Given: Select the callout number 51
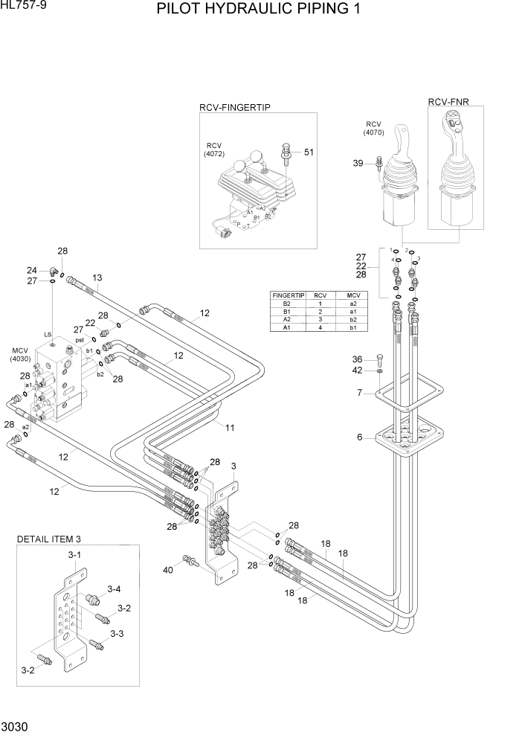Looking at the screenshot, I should point(309,153).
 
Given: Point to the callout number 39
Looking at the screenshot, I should point(358,163).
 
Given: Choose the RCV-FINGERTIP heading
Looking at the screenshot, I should point(234,107).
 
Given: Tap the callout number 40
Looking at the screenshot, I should point(168,570).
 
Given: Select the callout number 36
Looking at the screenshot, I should point(357,359).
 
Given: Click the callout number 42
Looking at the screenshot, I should point(357,370).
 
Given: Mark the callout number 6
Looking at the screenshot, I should point(359,437).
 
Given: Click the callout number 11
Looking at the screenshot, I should point(230,427).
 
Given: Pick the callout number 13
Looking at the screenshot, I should point(97,277).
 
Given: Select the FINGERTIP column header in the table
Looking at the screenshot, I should point(284,295).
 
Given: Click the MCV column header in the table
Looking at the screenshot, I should point(352,295).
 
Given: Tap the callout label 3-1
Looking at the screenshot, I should point(75,555).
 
